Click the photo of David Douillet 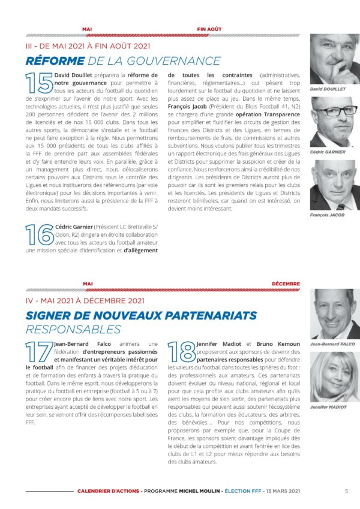coord(334,59)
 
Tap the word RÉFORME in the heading coord(55,61)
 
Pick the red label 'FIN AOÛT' coord(209,28)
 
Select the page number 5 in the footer coord(346,490)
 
